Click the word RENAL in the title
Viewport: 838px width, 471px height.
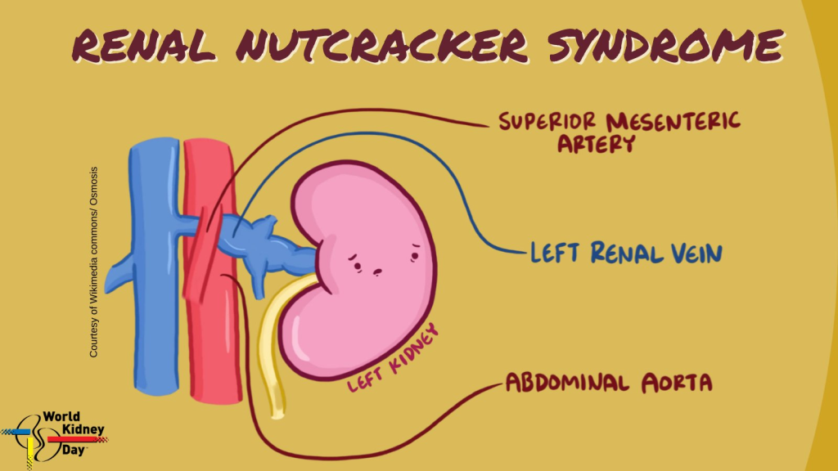(x=144, y=45)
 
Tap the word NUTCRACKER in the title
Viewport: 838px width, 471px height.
(x=381, y=45)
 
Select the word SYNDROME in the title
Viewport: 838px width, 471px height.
(x=666, y=45)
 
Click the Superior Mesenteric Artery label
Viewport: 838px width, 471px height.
(x=619, y=132)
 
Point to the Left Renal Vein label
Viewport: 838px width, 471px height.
(x=626, y=253)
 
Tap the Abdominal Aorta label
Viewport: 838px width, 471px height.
(x=609, y=383)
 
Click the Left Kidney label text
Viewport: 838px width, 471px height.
(x=394, y=358)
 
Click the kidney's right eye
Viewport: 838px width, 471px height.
(x=415, y=254)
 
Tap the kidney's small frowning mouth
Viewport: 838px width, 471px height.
(x=378, y=271)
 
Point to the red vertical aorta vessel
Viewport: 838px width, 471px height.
(x=212, y=270)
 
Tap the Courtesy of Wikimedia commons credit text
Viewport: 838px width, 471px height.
(x=93, y=262)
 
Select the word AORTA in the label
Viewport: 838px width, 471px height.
(x=677, y=383)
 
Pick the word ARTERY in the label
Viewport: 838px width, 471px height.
(x=597, y=144)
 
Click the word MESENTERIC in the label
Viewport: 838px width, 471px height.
(x=674, y=123)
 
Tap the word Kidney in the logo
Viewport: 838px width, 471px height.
(x=83, y=429)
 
